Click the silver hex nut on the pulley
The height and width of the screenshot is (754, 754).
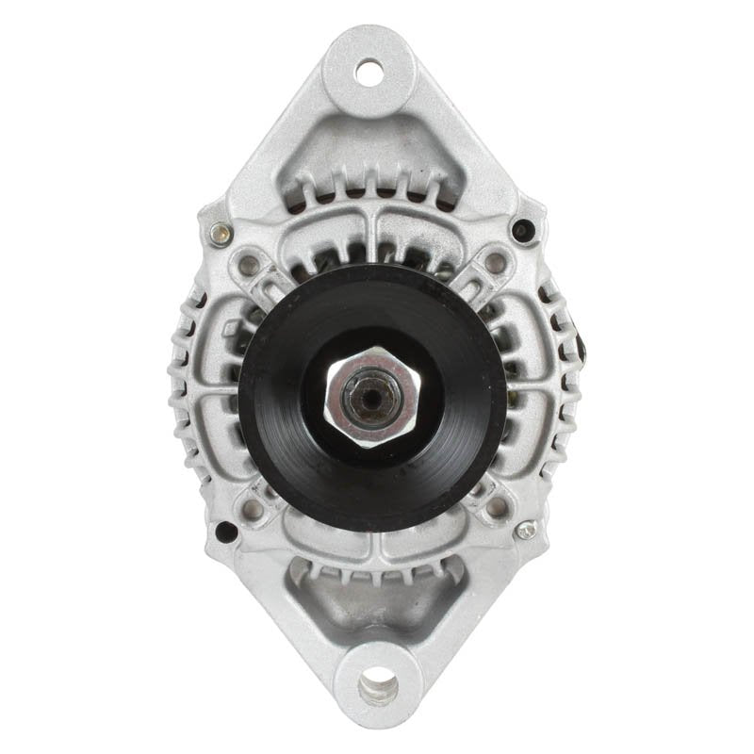372,395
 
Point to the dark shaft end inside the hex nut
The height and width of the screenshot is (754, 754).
370,397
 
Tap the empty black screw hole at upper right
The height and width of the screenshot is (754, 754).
522,229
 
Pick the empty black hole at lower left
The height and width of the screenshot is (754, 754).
226,531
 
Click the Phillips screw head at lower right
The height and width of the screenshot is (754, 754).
526,530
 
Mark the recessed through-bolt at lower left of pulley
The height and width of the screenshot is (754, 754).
253,509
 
